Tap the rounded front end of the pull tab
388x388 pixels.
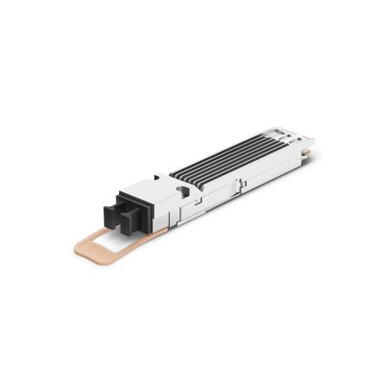pos(80,249)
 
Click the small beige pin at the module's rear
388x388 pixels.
pos(304,155)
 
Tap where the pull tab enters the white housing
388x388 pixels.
pos(160,231)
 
